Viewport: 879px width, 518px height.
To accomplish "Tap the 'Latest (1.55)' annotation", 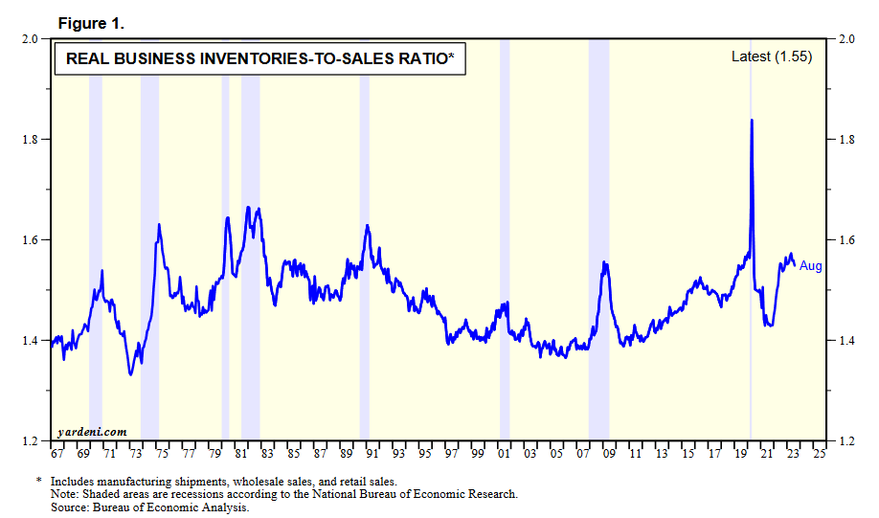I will pos(771,56).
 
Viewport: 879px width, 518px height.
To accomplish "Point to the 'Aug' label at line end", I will pos(811,266).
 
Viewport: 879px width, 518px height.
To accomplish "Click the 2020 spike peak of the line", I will pos(752,121).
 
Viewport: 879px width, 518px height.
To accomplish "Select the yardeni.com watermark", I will pos(93,432).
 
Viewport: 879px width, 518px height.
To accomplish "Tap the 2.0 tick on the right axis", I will pos(846,39).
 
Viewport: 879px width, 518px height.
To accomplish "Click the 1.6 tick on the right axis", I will pos(846,240).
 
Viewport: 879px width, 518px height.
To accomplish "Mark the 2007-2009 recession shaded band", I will pos(598,239).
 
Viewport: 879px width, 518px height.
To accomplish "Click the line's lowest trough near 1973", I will pos(130,374).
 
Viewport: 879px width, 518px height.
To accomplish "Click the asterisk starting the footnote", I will pos(39,481).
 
